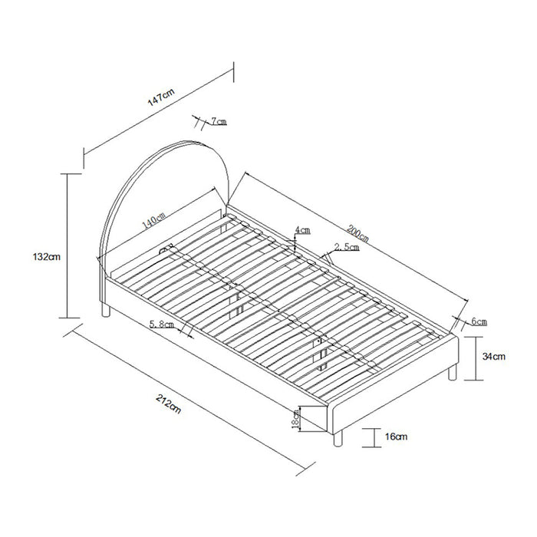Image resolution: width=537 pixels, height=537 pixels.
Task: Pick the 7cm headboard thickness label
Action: pos(217,121)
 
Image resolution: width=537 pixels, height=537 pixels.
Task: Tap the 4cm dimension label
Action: pos(303,229)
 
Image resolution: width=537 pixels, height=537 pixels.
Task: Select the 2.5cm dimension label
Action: pos(344,246)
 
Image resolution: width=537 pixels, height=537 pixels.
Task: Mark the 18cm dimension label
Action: pos(295,418)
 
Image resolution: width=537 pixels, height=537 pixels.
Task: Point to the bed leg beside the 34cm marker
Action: pos(453,371)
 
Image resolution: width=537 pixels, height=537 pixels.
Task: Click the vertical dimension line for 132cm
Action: pos(68,245)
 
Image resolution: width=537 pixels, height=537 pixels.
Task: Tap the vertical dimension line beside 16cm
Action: pos(374,437)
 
